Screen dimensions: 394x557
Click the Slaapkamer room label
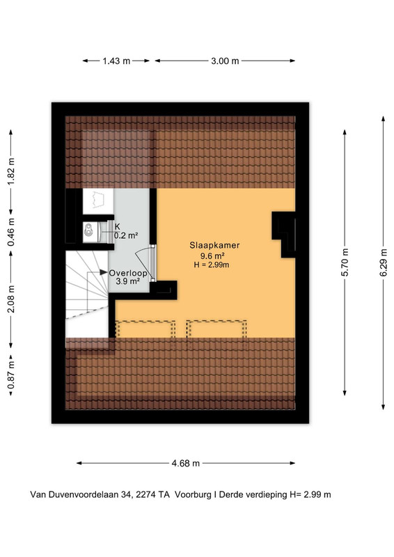pyautogui.click(x=214, y=245)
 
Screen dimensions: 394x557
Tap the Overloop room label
pyautogui.click(x=128, y=273)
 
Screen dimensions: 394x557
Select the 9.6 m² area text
pyautogui.click(x=212, y=256)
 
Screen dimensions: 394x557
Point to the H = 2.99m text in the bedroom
pyautogui.click(x=212, y=265)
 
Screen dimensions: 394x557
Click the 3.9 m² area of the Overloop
pyautogui.click(x=128, y=281)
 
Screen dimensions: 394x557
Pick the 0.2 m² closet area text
pyautogui.click(x=126, y=235)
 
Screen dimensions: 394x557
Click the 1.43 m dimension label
pyautogui.click(x=116, y=61)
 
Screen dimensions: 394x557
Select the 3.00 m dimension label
pyautogui.click(x=225, y=61)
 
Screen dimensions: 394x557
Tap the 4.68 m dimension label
pyautogui.click(x=185, y=463)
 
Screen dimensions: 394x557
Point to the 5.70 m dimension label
pyautogui.click(x=345, y=262)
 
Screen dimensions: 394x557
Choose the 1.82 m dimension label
pyautogui.click(x=11, y=171)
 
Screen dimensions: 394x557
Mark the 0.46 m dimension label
pyautogui.click(x=11, y=232)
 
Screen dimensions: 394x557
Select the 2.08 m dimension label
pyautogui.click(x=11, y=299)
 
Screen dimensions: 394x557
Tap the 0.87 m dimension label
pyautogui.click(x=11, y=375)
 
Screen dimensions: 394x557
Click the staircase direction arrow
pyautogui.click(x=97, y=272)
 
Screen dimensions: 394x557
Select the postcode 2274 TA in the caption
pyautogui.click(x=155, y=494)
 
